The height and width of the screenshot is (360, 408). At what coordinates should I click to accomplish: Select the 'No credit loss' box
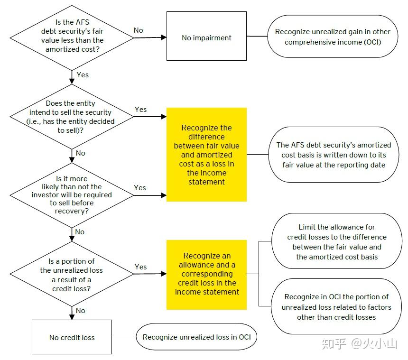(72, 337)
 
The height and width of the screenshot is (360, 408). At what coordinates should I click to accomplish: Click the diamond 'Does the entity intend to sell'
(72, 117)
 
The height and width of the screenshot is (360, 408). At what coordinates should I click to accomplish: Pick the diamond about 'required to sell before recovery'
(72, 194)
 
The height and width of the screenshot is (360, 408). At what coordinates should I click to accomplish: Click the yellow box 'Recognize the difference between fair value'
(206, 155)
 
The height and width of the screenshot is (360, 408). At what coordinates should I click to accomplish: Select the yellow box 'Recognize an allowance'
(206, 274)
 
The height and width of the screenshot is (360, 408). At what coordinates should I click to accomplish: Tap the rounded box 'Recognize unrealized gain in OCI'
(332, 37)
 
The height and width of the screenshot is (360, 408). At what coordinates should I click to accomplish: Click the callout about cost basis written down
(334, 155)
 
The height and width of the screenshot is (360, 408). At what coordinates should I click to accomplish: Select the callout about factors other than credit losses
(336, 306)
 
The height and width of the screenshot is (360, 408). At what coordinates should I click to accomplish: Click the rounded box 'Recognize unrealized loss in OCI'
(197, 337)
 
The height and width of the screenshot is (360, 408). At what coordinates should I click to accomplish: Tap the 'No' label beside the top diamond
(138, 30)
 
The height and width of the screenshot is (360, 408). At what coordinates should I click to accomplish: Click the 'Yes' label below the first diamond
(82, 75)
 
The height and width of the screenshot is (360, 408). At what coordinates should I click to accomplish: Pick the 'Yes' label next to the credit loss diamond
(140, 267)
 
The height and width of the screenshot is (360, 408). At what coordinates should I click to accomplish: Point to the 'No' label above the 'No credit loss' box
(81, 311)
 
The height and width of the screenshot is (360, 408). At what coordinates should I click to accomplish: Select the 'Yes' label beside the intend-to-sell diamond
(140, 110)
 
